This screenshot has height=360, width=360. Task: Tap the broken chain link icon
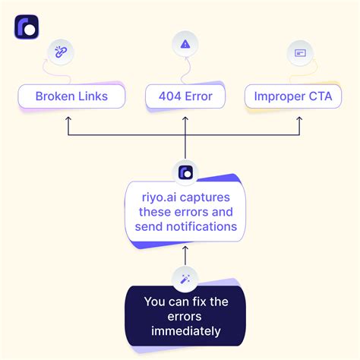[x=59, y=51]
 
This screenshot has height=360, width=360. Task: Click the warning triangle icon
[x=185, y=45]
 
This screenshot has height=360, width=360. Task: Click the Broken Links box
[x=71, y=97]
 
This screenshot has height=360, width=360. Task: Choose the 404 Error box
[x=185, y=97]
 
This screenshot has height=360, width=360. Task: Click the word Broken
[x=54, y=97]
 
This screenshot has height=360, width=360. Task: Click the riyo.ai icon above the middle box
[x=185, y=172]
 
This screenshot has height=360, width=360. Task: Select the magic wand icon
[x=185, y=279]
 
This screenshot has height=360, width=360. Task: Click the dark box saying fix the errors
[x=185, y=316]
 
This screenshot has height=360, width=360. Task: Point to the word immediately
[x=185, y=331]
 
